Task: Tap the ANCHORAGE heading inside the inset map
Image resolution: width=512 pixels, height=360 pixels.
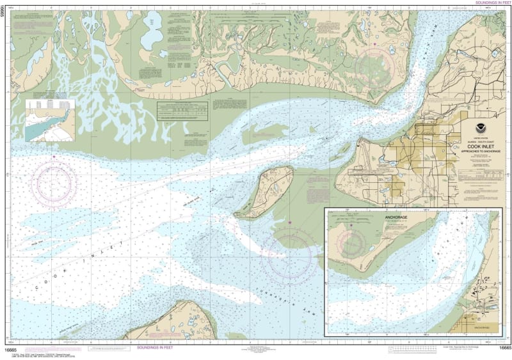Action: pyautogui.click(x=396, y=218)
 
